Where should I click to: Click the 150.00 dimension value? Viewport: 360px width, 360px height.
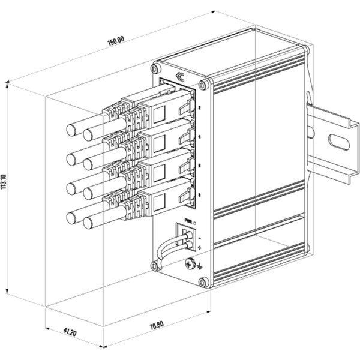click(116, 41)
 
